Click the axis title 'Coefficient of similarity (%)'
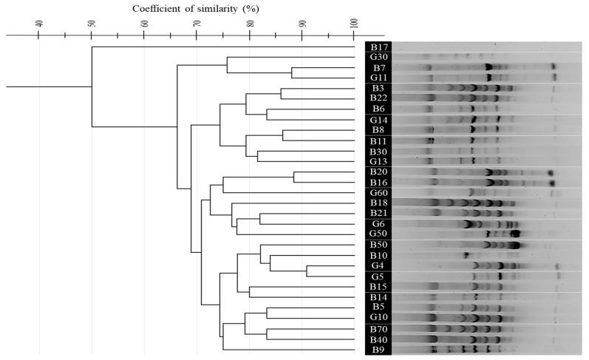(196, 8)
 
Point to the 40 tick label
(40, 23)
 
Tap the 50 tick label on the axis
(92, 23)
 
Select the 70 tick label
(197, 23)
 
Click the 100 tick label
(355, 23)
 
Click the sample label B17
(378, 47)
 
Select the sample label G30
(378, 58)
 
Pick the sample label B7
(378, 68)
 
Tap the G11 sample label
(378, 78)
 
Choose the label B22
(378, 98)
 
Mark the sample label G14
(378, 120)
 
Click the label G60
(378, 192)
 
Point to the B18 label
(378, 203)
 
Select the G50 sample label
(378, 234)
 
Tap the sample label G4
(378, 265)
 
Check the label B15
(378, 286)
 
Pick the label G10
(378, 317)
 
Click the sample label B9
(378, 349)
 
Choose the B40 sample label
(378, 339)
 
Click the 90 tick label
(302, 23)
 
